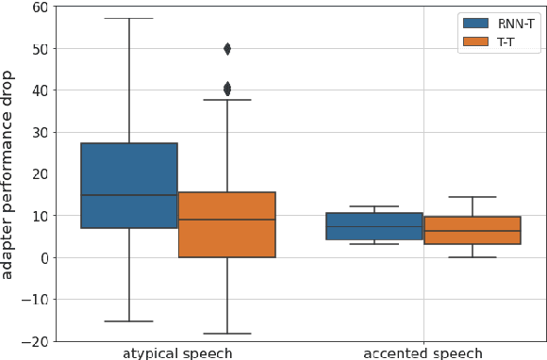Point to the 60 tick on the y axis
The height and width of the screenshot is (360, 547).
(40, 7)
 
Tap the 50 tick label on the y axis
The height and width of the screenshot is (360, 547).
(40, 48)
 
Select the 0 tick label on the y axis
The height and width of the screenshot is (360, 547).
(43, 257)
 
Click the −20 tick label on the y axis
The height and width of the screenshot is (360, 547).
(36, 341)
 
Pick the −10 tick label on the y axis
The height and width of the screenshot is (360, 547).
(36, 299)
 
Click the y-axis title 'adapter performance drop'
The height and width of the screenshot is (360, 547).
(10, 174)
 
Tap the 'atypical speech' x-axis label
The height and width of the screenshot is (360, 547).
(177, 353)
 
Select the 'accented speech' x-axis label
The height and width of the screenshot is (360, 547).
(423, 353)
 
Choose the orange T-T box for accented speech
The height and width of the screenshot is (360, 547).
(472, 231)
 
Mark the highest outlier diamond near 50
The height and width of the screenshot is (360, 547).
(226, 49)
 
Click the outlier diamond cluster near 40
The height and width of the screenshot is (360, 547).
(226, 89)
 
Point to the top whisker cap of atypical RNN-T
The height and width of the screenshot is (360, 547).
(128, 19)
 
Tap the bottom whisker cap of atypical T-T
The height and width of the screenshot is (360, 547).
(226, 334)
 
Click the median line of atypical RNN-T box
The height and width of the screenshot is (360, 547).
(128, 195)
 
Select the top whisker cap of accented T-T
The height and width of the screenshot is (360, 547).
(472, 197)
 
